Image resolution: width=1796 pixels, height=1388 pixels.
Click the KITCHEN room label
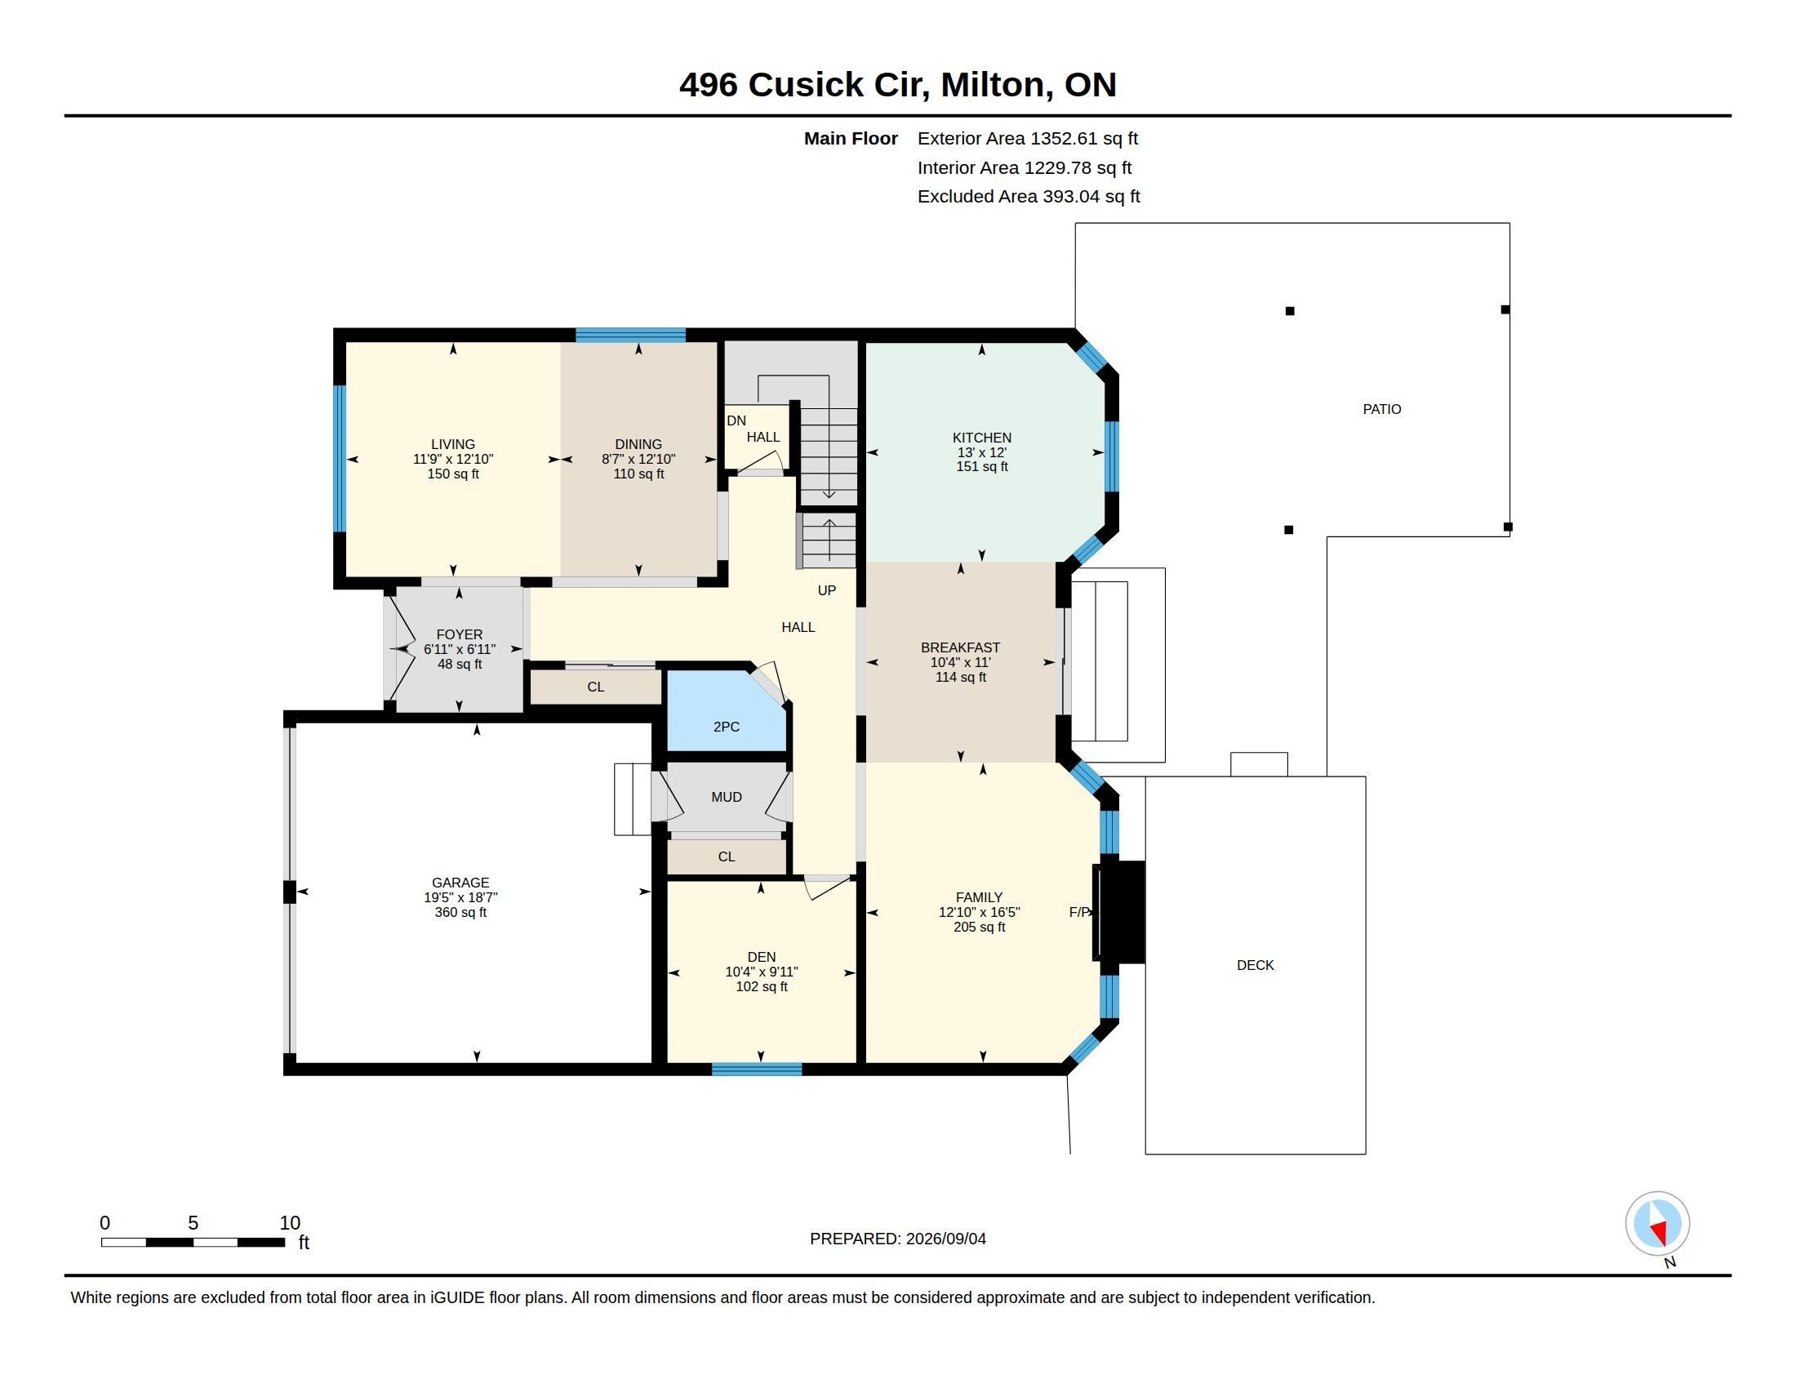[982, 438]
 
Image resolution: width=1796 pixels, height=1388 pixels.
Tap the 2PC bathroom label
[726, 727]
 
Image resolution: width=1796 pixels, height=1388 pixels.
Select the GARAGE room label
[460, 883]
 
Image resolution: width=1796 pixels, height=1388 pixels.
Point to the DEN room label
[762, 956]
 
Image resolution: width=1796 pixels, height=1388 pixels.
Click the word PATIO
[1381, 409]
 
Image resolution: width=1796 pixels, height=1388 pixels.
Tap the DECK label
[1255, 965]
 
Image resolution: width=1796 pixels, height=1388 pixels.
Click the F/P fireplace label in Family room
[1079, 912]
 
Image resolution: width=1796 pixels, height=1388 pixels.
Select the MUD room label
[726, 797]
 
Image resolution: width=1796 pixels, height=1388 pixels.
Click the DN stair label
[736, 421]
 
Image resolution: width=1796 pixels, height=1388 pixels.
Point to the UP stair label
[826, 590]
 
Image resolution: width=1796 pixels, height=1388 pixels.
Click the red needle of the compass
[1660, 1232]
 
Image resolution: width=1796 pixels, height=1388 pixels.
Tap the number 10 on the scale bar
[290, 1223]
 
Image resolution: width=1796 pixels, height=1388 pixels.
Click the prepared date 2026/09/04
[945, 1239]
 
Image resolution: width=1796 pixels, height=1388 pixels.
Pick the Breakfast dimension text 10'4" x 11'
[961, 662]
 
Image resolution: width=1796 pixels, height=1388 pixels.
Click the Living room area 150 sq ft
[453, 474]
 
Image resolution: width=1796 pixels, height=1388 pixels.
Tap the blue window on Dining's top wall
[631, 335]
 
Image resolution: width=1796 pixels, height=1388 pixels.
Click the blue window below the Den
[757, 1069]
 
